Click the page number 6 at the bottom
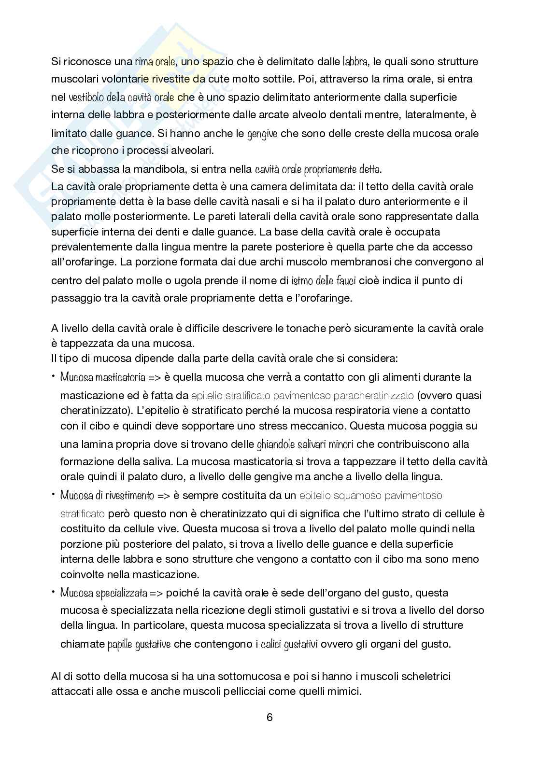tap(269, 717)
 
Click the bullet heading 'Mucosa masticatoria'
tap(96, 377)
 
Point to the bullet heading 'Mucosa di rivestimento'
tap(107, 495)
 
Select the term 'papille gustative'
tap(139, 644)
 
